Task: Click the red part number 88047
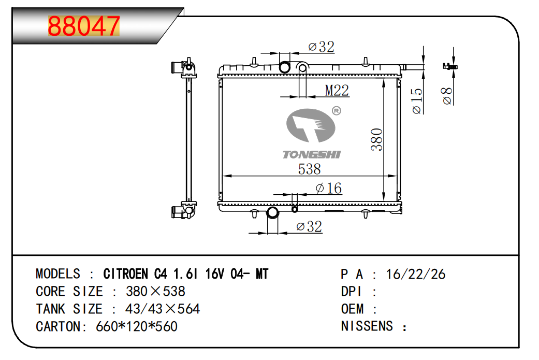pyautogui.click(x=84, y=26)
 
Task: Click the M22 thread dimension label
pyautogui.click(x=337, y=91)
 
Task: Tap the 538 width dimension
pyautogui.click(x=310, y=169)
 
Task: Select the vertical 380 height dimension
pyautogui.click(x=377, y=139)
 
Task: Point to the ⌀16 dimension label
pyautogui.click(x=329, y=188)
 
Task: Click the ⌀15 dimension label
pyautogui.click(x=417, y=100)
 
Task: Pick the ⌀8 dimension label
pyautogui.click(x=447, y=96)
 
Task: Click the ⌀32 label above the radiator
pyautogui.click(x=321, y=47)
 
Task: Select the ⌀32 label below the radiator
pyautogui.click(x=309, y=226)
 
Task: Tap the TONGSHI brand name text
pyautogui.click(x=312, y=154)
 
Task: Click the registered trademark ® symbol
pyautogui.click(x=336, y=111)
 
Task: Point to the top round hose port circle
pyautogui.click(x=285, y=67)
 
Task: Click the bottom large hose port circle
pyautogui.click(x=272, y=212)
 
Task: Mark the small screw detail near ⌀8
pyautogui.click(x=450, y=66)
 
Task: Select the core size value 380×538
pyautogui.click(x=155, y=292)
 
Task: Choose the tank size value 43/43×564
pyautogui.click(x=162, y=309)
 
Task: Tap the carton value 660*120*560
pyautogui.click(x=137, y=327)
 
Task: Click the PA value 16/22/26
pyautogui.click(x=416, y=274)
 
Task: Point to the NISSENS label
pyautogui.click(x=367, y=326)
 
